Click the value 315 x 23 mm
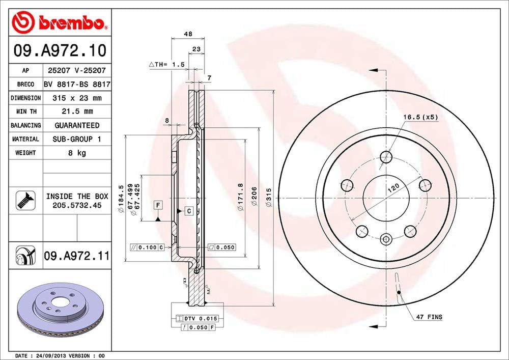76,98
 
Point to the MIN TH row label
25,111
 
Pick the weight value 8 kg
76,153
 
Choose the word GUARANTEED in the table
76,125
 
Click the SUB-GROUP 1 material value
76,139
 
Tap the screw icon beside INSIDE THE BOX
24,200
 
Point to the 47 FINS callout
429,317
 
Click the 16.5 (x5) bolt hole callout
420,117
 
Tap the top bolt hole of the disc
386,156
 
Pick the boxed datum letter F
158,205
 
